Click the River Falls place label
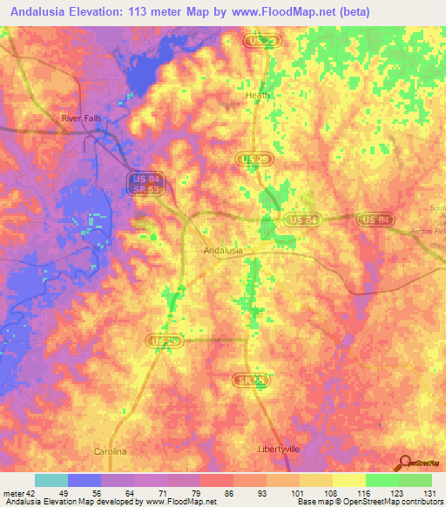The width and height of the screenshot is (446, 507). [82, 118]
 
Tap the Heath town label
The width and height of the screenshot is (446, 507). [258, 96]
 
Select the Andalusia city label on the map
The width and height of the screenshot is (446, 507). [222, 250]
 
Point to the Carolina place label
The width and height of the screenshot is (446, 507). [111, 452]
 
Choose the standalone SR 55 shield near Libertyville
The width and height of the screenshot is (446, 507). [249, 380]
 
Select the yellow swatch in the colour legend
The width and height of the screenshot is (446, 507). [349, 480]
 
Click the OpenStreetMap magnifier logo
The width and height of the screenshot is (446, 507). [402, 463]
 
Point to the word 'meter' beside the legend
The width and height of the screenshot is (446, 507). [12, 492]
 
